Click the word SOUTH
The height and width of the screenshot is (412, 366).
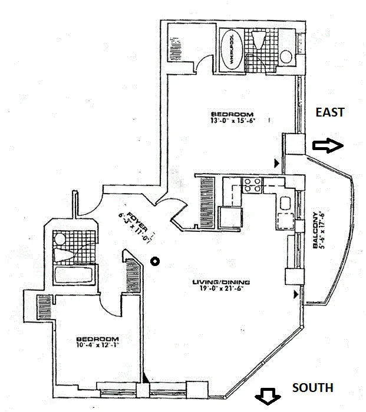(x=312, y=388)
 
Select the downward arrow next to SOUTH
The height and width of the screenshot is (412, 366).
(x=266, y=398)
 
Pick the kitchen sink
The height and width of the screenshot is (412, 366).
(x=286, y=204)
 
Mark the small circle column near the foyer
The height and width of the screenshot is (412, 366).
(x=155, y=261)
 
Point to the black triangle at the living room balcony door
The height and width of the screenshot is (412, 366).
(x=295, y=293)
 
